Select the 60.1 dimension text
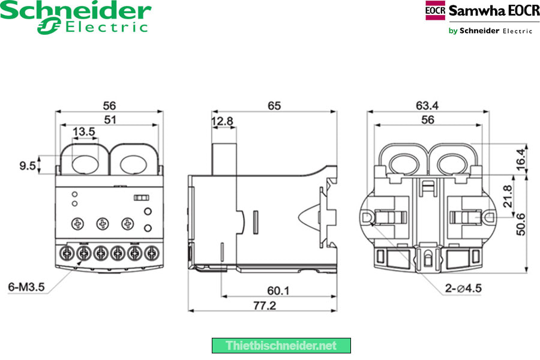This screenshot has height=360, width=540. [278, 290]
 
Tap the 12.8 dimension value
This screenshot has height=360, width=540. [222, 121]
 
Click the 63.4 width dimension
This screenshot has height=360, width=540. [427, 106]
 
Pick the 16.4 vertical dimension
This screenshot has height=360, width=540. [521, 158]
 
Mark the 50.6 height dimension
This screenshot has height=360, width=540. [521, 223]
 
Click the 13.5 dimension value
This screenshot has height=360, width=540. [83, 131]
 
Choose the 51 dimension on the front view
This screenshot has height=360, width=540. [110, 119]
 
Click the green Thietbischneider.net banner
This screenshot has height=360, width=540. [281, 346]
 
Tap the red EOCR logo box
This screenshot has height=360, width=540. [435, 11]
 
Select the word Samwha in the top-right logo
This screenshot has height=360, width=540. [471, 11]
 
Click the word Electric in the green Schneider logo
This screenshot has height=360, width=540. [106, 26]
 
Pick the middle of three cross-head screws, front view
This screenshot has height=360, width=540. [102, 224]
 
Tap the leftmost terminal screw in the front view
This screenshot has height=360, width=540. [68, 253]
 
